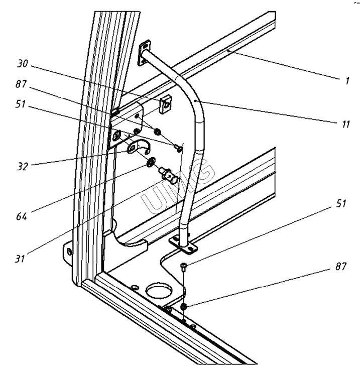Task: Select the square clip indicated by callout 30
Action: (164, 104)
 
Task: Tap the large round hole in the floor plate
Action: (157, 291)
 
